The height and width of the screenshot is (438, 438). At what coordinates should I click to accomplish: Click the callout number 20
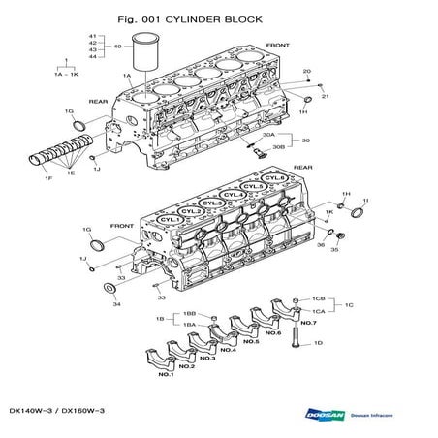pyautogui.click(x=306, y=71)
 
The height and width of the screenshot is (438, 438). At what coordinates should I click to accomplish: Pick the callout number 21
pyautogui.click(x=325, y=96)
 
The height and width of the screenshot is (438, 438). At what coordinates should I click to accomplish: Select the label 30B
pyautogui.click(x=279, y=147)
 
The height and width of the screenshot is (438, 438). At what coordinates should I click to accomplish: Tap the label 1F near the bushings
pyautogui.click(x=47, y=177)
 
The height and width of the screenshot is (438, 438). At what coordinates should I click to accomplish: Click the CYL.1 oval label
pyautogui.click(x=170, y=221)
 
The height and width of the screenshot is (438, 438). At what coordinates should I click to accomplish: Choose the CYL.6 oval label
pyautogui.click(x=275, y=178)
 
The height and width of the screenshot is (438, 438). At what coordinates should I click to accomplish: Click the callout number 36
pyautogui.click(x=319, y=245)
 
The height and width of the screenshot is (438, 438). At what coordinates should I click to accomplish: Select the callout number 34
pyautogui.click(x=116, y=304)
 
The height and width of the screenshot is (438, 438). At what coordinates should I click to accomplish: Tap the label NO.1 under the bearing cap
pyautogui.click(x=166, y=374)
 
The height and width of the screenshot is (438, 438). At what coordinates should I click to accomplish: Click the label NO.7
pyautogui.click(x=307, y=323)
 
